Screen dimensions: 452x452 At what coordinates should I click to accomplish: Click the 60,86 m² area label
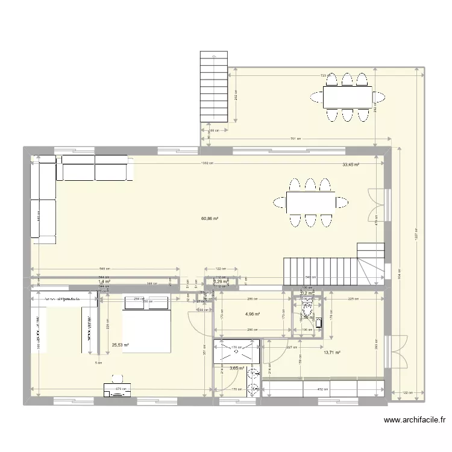tap(210, 219)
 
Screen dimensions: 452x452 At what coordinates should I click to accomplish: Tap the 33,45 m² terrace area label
tap(351, 165)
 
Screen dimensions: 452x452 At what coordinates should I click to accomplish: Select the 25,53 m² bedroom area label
tap(120, 345)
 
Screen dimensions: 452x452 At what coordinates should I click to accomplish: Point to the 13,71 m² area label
tap(333, 353)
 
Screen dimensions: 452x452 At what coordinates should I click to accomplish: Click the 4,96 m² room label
tap(253, 314)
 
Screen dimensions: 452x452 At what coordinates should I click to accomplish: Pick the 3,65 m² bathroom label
tap(237, 368)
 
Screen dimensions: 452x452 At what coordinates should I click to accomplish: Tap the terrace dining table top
tap(347, 96)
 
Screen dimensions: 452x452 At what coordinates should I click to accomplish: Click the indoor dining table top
tap(310, 203)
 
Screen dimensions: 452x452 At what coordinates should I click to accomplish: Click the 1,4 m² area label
tap(104, 281)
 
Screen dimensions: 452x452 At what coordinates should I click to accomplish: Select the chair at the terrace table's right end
tap(380, 96)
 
